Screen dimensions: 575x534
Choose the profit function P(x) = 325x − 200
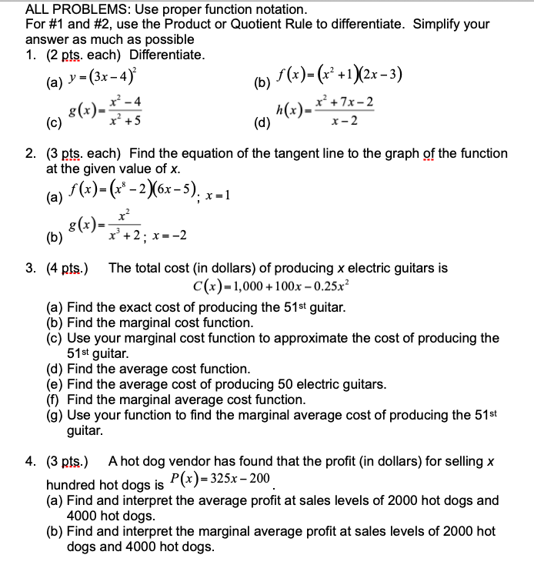coord(220,479)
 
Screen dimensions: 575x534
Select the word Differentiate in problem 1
coord(167,55)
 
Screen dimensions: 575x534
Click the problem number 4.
coord(29,462)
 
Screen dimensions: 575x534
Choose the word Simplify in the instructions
coord(439,25)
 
